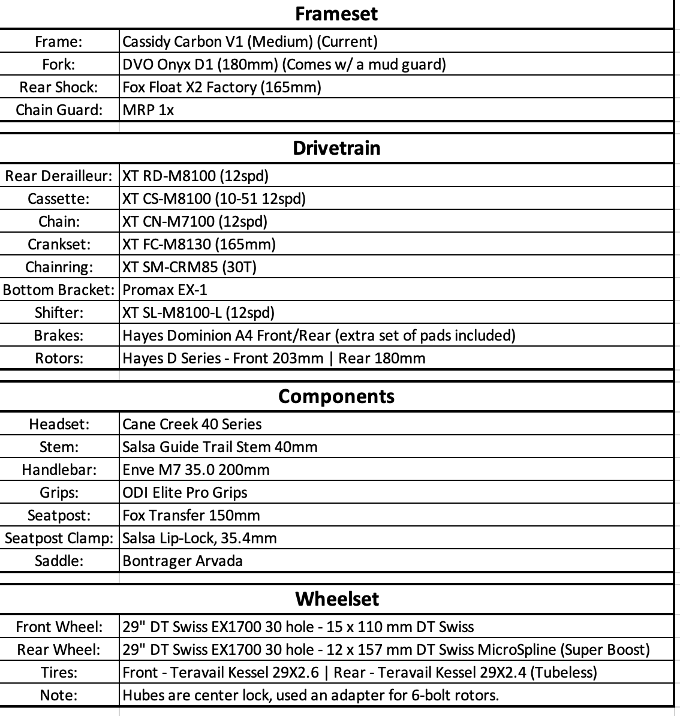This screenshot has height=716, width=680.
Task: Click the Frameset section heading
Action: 336,14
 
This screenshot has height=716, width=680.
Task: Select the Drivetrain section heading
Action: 336,148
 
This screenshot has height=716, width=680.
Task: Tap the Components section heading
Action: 336,396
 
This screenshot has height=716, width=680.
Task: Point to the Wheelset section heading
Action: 336,599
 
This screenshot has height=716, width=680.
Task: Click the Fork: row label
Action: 59,64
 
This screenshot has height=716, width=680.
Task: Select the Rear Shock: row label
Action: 59,87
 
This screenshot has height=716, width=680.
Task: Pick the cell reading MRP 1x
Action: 148,110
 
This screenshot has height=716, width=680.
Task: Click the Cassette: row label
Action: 59,198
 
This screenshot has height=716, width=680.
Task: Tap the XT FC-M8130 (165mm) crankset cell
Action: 199,244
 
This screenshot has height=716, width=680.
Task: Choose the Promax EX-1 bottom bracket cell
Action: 165,290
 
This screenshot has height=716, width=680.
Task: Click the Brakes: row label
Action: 59,335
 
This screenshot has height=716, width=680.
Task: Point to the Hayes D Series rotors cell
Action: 274,358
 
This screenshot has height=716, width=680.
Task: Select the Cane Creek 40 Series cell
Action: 192,424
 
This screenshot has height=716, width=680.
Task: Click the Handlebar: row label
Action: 59,470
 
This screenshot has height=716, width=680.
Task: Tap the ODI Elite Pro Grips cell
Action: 185,492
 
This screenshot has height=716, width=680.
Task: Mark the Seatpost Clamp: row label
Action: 59,538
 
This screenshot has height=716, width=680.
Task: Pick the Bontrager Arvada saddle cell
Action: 182,561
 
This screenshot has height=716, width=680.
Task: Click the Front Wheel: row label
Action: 59,627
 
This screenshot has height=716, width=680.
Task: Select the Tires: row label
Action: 59,672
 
